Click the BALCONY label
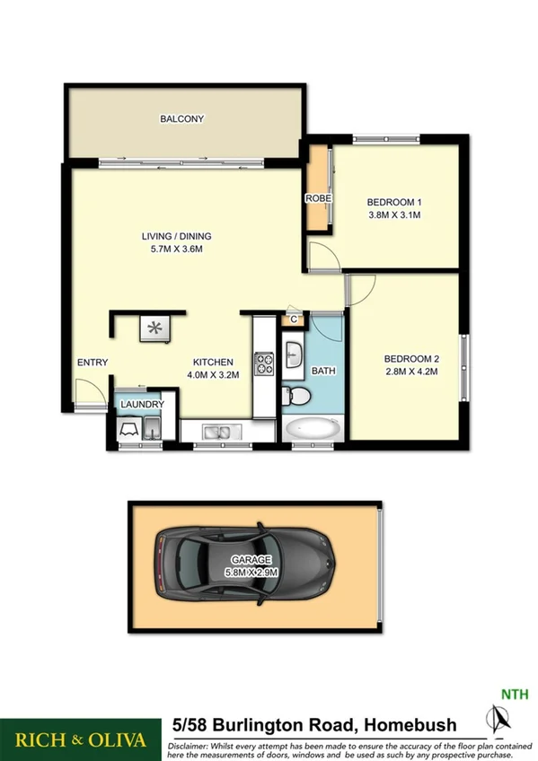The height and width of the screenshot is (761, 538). [x=182, y=118]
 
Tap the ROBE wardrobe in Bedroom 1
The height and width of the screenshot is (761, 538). [x=318, y=197]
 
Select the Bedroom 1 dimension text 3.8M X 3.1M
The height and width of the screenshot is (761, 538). [x=394, y=215]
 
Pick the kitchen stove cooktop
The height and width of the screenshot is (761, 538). [x=265, y=363]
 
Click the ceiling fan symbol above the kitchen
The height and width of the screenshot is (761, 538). [x=154, y=328]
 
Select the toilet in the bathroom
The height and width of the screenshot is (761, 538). [x=297, y=396]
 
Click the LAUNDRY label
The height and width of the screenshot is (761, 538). [x=143, y=405]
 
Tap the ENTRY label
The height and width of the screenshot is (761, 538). [x=93, y=363]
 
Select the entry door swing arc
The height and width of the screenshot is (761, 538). [x=87, y=390]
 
